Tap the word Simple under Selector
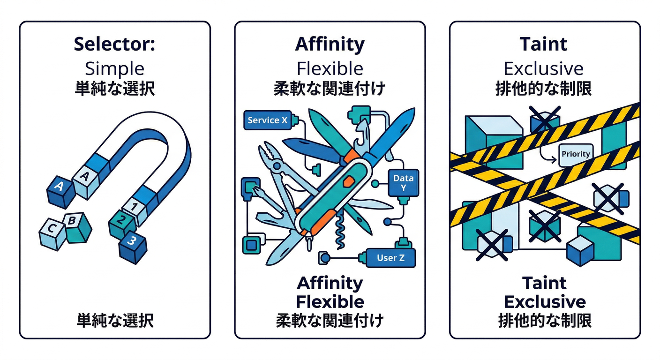(114, 68)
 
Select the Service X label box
(268, 120)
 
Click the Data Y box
(403, 183)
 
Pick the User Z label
(390, 257)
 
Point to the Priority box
(576, 154)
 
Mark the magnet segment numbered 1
(135, 206)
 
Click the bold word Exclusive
(544, 301)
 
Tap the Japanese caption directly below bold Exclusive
(544, 321)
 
